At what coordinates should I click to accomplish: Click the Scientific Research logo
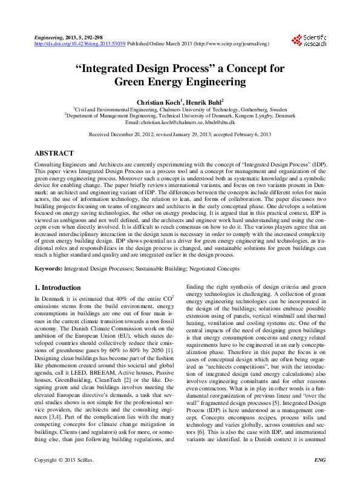tap(309, 41)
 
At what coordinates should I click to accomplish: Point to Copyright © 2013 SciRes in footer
tap(64, 478)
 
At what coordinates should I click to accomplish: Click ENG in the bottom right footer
tap(320, 478)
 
